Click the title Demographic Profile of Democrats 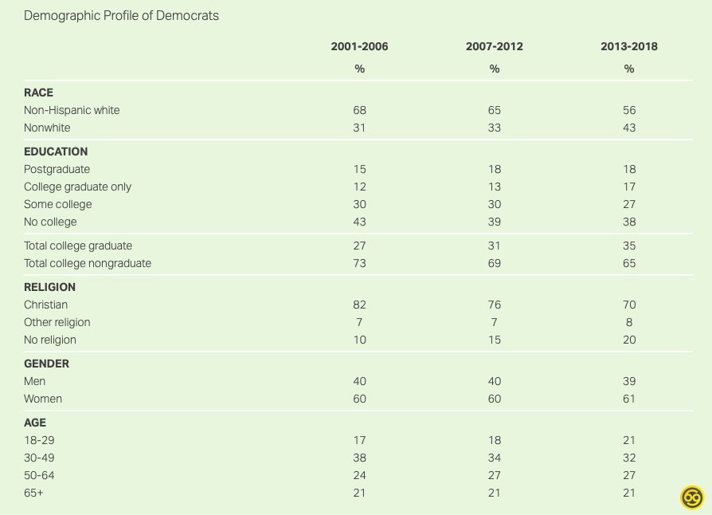point(121,16)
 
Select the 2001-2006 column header point(359,46)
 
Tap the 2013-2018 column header point(629,46)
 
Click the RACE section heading point(39,92)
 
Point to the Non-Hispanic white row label point(72,110)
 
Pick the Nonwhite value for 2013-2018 point(629,128)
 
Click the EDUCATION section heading point(56,151)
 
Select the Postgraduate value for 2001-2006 point(359,169)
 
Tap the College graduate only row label point(78,187)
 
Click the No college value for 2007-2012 point(495,222)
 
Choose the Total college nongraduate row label point(88,263)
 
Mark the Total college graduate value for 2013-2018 point(629,246)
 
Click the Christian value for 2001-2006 point(359,305)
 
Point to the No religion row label point(50,340)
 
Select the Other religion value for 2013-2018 point(629,322)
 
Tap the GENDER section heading point(47,364)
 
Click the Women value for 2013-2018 point(629,399)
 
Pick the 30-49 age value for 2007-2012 point(495,458)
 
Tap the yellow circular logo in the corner point(693,497)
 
